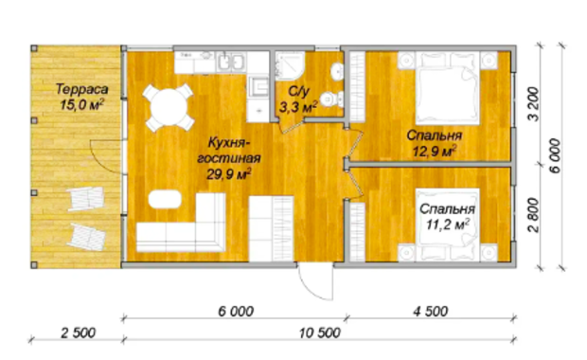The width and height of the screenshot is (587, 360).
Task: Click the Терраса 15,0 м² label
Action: pyautogui.click(x=81, y=97)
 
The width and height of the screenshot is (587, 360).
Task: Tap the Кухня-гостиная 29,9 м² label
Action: pyautogui.click(x=229, y=158)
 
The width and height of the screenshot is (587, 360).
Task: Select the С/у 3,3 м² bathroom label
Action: pyautogui.click(x=298, y=99)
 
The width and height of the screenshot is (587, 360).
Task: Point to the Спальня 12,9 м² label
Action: pyautogui.click(x=435, y=143)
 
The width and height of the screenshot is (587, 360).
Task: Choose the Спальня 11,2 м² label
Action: pyautogui.click(x=448, y=217)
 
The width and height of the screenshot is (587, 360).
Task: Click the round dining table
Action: pyautogui.click(x=169, y=107)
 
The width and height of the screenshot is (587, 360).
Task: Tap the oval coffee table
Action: pyautogui.click(x=165, y=199)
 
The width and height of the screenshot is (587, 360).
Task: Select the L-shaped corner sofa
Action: pyautogui.click(x=181, y=223)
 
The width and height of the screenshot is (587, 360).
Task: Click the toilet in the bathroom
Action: pyautogui.click(x=331, y=99)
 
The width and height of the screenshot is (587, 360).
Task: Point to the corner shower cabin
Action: pyautogui.click(x=290, y=65)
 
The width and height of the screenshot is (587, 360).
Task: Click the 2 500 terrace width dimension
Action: pyautogui.click(x=79, y=333)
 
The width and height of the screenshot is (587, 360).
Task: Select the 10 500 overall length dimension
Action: pyautogui.click(x=320, y=333)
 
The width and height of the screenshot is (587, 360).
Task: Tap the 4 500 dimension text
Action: pyautogui.click(x=431, y=311)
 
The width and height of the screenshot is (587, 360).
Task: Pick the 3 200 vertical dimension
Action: pyautogui.click(x=534, y=104)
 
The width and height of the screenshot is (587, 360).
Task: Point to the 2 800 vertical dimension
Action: pyautogui.click(x=534, y=215)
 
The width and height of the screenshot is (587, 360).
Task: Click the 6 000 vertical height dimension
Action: pyautogui.click(x=556, y=155)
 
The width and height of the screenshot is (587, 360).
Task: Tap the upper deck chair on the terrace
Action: pyautogui.click(x=86, y=199)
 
